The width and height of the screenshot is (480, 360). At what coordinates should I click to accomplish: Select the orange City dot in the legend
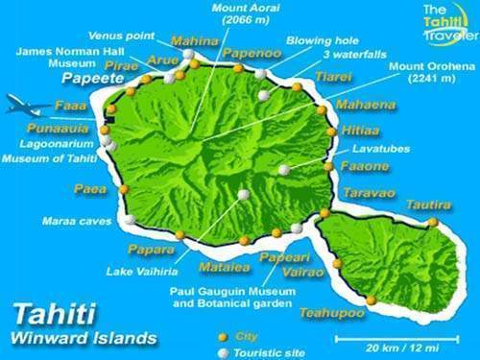pyautogui.click(x=223, y=337)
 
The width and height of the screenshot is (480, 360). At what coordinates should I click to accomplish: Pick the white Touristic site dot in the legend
pyautogui.click(x=223, y=352)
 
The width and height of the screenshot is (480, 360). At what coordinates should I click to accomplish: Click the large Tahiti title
pyautogui.click(x=54, y=317)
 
